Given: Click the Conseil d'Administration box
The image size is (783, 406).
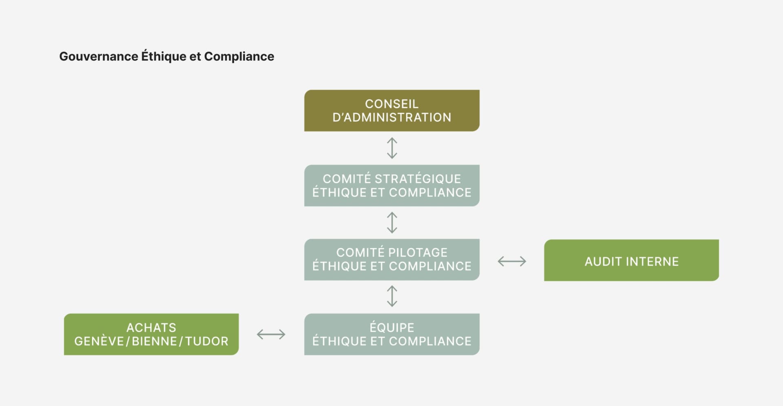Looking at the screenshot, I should point(391,111).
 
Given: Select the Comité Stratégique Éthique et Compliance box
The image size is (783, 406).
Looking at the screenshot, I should point(391,186).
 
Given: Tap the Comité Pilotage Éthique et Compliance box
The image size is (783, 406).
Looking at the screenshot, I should point(391,260).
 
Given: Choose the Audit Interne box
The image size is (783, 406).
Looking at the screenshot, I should point(631,260).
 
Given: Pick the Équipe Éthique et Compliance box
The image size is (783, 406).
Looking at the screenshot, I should point(391,334).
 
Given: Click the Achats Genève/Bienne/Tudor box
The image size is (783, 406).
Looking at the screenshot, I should point(151,334).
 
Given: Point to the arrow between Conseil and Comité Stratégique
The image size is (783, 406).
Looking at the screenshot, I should point(392,148).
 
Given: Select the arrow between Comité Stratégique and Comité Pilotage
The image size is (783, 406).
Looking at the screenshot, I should point(392,222).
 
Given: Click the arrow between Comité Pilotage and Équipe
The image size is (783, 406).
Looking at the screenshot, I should point(392,296).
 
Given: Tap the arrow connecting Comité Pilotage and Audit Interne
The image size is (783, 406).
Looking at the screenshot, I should point(512,261).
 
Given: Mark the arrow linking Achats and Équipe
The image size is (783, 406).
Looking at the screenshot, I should point(271,335).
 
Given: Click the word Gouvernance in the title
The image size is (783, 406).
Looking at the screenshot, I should point(99,56).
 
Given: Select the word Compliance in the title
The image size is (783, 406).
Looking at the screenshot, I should point(239,56).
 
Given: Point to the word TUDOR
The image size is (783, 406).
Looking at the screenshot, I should point(207,341).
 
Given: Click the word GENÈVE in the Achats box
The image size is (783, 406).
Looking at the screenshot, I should point(99,341).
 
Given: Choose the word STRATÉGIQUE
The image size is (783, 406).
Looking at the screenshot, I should point(418,179).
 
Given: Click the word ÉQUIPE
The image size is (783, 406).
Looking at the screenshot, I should point(391,327).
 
